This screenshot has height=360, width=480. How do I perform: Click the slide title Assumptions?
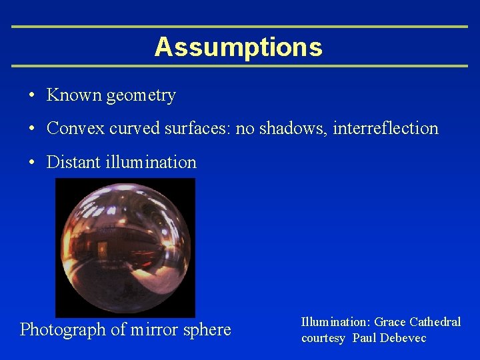coord(238,47)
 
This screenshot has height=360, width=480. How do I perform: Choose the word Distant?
coord(73,162)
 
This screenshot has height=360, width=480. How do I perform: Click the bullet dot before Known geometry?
coord(32,96)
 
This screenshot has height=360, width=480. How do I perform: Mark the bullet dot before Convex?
coord(32,129)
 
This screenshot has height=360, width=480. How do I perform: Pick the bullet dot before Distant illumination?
coord(32,163)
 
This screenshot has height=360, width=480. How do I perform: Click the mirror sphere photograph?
coord(125,247)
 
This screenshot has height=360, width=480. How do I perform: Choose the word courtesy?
coord(323,339)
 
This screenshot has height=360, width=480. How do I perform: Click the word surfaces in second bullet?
coord(196,128)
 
